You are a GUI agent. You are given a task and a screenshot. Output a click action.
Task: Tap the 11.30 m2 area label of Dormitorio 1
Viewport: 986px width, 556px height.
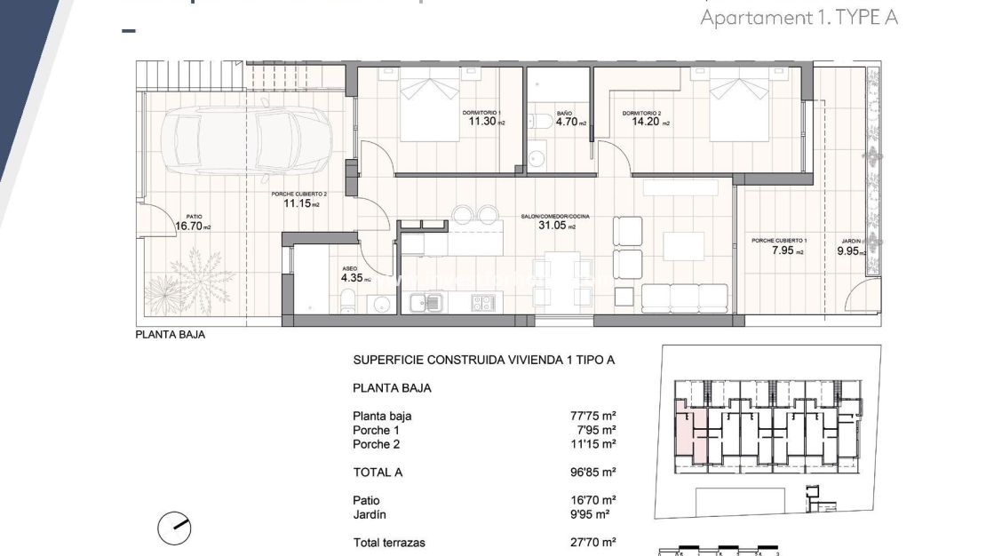tap(485, 123)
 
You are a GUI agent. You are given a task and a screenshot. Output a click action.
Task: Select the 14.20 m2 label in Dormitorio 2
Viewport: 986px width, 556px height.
tap(645, 123)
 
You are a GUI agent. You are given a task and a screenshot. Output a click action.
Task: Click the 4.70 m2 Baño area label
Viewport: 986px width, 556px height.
tap(569, 123)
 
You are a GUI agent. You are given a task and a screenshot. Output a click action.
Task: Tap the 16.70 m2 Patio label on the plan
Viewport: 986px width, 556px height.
tap(193, 226)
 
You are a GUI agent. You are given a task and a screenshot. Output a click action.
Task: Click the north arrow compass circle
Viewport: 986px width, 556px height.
tap(174, 528)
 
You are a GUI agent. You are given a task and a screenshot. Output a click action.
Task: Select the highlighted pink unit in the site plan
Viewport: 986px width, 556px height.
tap(690, 434)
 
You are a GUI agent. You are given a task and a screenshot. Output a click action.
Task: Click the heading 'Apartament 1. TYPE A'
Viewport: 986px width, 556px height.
tap(799, 17)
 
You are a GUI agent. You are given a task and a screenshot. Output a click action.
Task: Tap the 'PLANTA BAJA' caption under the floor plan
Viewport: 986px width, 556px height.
tap(164, 335)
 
